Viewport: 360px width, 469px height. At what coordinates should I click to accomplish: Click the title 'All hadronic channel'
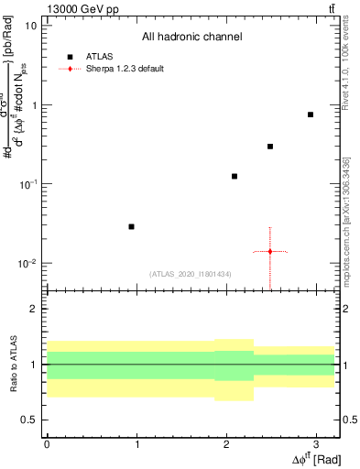[x=191, y=37]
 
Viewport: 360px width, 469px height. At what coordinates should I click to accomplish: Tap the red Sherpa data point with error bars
[x=270, y=251]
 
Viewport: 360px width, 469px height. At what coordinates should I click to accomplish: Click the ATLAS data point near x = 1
[x=132, y=226]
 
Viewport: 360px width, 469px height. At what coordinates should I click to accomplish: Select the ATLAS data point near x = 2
[x=235, y=176]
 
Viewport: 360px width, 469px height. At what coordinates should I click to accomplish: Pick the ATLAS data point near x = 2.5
[x=270, y=147]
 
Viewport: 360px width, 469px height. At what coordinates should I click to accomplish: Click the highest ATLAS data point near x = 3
[x=311, y=115]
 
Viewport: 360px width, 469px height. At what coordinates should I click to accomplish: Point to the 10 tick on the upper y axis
[x=30, y=26]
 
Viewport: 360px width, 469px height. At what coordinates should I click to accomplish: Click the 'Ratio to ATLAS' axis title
[x=12, y=365]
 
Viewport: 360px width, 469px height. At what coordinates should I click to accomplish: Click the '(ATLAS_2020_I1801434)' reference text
[x=191, y=273]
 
